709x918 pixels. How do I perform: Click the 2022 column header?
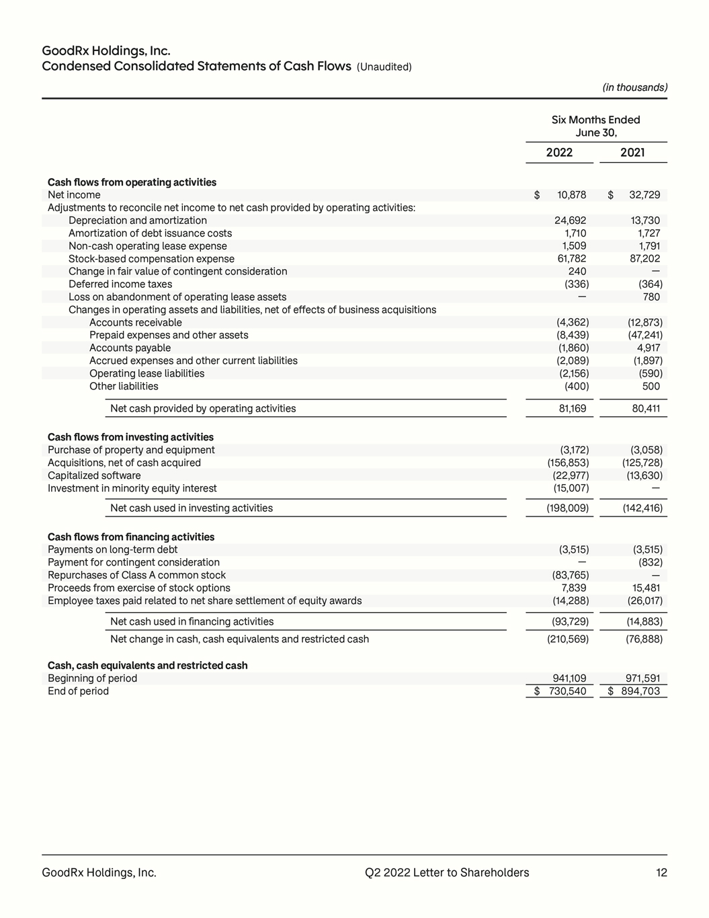(x=559, y=153)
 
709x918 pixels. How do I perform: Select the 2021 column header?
(x=632, y=153)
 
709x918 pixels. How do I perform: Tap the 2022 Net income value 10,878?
(x=572, y=195)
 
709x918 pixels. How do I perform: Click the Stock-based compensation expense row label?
(x=151, y=259)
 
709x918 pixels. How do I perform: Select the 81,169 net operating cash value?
(x=573, y=408)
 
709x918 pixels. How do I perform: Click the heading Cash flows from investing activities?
(x=130, y=437)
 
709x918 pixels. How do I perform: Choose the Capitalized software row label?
(x=94, y=475)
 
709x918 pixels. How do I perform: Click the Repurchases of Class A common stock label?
(x=136, y=575)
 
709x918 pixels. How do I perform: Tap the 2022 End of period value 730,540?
(x=568, y=691)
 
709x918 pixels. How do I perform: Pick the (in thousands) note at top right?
(x=634, y=87)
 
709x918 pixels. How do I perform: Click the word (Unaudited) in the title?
(x=384, y=67)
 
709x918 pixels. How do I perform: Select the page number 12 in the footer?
(x=661, y=872)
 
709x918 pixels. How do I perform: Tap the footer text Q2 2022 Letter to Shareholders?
(x=447, y=872)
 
